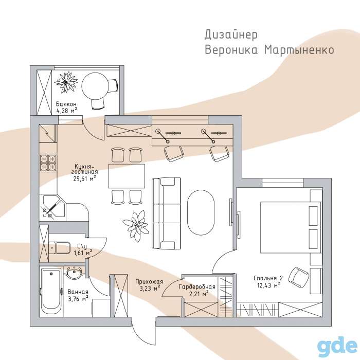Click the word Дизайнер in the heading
[x=231, y=35]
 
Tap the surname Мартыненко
[x=299, y=50]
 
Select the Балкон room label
[x=66, y=104]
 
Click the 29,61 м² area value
[x=84, y=178]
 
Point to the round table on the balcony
[x=95, y=86]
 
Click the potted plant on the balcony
[x=66, y=82]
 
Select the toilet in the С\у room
[x=60, y=247]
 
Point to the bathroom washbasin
[x=74, y=273]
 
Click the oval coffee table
[x=201, y=212]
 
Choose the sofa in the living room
[x=166, y=213]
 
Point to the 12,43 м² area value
[x=268, y=285]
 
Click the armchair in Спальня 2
[x=298, y=277]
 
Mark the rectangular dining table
[x=127, y=176]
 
